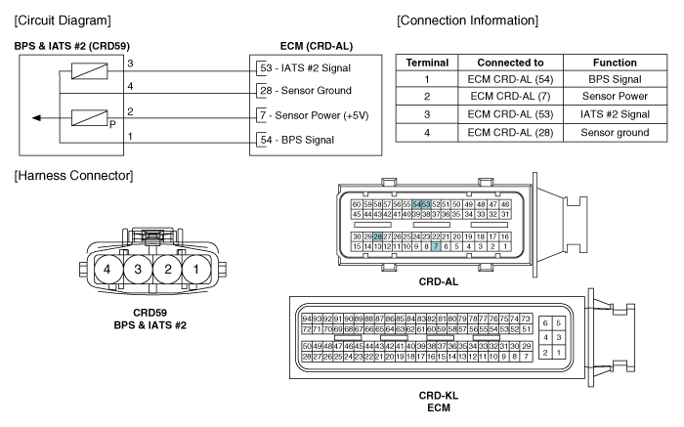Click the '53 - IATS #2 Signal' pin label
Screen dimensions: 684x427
point(305,68)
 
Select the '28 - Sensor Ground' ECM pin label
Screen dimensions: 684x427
point(306,91)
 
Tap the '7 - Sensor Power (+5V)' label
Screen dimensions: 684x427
point(314,115)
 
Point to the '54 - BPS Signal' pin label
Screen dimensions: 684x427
point(297,140)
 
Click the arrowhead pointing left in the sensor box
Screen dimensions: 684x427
point(37,118)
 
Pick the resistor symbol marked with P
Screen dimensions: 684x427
point(90,118)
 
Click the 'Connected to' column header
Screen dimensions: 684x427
point(510,63)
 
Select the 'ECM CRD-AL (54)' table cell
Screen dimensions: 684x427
point(510,79)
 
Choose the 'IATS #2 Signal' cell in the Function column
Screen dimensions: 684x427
point(615,114)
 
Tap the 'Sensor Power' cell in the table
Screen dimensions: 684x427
point(615,96)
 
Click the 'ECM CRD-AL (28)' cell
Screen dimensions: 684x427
point(510,133)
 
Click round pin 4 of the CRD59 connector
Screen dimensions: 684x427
point(107,269)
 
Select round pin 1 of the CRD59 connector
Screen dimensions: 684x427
point(195,269)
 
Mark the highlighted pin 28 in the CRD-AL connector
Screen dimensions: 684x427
point(377,236)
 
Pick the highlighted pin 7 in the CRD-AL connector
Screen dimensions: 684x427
point(436,246)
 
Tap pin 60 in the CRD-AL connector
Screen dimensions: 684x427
point(357,204)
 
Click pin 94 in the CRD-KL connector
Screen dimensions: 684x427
point(307,319)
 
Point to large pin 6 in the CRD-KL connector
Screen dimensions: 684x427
point(545,323)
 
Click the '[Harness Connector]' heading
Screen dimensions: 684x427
point(73,175)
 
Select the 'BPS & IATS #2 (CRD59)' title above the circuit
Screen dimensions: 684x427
point(72,46)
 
